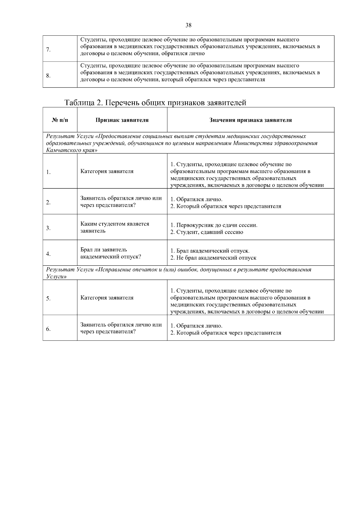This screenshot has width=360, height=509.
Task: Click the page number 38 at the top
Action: click(188, 25)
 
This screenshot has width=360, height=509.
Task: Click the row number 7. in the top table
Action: click(48, 49)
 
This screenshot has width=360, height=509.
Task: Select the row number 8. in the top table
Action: click(48, 75)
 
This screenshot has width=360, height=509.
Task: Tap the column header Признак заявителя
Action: click(122, 120)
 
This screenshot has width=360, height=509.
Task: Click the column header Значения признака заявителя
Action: click(250, 120)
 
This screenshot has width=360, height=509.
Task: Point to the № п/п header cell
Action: click(60, 120)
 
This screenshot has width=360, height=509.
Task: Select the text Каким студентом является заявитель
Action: click(115, 228)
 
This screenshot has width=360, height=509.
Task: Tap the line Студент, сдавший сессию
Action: click(207, 232)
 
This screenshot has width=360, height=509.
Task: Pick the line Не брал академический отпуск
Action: click(213, 258)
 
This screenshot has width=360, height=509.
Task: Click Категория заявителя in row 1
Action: click(107, 172)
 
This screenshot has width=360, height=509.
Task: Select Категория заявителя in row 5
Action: click(107, 298)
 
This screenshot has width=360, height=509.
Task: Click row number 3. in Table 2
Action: click(48, 228)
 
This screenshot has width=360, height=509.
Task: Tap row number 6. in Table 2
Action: click(48, 329)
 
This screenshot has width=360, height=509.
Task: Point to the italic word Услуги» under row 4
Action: click(56, 277)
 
